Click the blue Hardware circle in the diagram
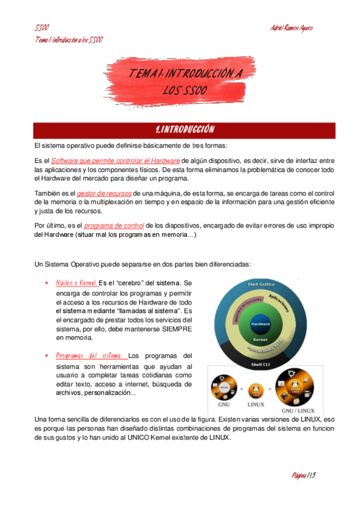tap(260, 324)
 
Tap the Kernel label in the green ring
tap(260, 339)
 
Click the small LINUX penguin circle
tap(256, 388)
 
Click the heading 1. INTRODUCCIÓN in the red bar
tap(180, 130)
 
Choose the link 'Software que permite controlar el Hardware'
tap(115, 161)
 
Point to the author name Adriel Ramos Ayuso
tap(291, 28)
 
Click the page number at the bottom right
tap(304, 475)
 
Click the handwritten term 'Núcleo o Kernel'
tap(76, 283)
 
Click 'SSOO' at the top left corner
tap(41, 28)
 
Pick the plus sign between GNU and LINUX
tap(242, 389)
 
